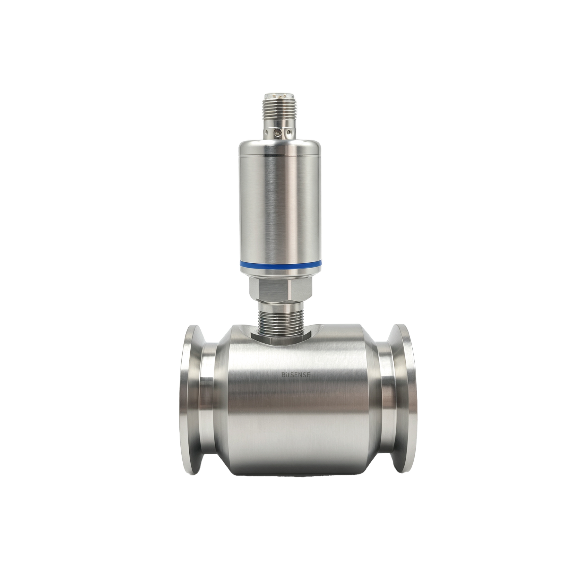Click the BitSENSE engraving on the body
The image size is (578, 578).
296,374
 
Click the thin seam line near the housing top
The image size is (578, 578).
281,155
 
